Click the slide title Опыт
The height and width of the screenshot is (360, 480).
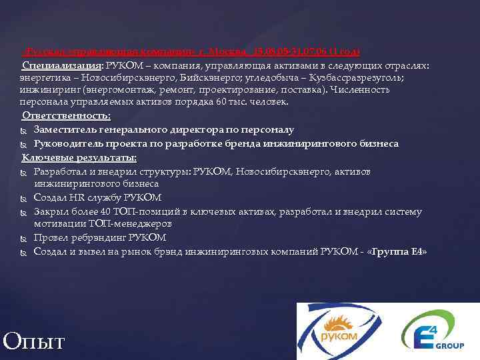pos(34,341)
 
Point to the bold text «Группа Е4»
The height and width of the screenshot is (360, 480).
pos(397,251)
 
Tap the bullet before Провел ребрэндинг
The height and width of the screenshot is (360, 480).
pos(24,238)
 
